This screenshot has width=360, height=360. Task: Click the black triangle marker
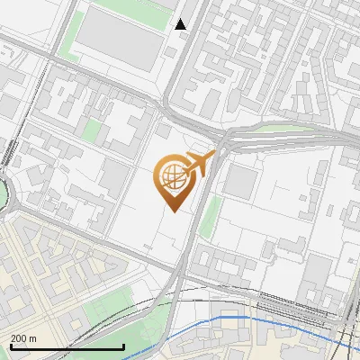181,24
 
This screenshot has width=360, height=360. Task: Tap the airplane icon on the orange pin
199,163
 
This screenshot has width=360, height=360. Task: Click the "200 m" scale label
24,337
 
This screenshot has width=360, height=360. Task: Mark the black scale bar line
67,346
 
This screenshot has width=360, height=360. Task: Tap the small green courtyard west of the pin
92,131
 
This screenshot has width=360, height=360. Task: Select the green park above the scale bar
107,311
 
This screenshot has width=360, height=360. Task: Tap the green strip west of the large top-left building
68,36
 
